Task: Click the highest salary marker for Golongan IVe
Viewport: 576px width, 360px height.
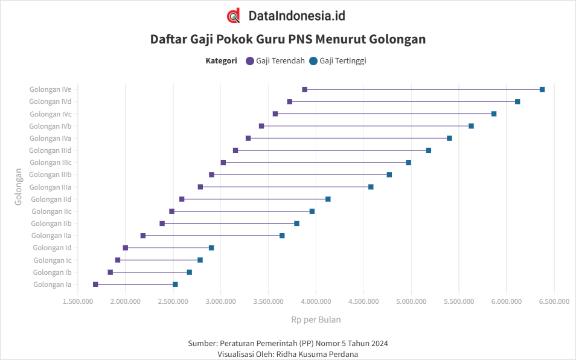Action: click(x=542, y=89)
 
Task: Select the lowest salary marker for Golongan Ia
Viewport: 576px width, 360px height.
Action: click(x=95, y=284)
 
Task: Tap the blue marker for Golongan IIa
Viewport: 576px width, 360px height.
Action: click(x=282, y=236)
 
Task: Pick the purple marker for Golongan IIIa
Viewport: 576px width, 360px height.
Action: click(x=200, y=187)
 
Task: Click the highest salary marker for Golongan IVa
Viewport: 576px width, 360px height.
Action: click(x=449, y=138)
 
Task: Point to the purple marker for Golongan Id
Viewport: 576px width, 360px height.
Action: click(x=126, y=248)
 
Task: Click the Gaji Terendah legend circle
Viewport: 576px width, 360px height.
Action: click(x=250, y=61)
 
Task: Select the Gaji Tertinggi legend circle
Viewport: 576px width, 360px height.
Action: click(x=313, y=61)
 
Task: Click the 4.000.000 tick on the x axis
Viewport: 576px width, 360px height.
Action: click(x=316, y=301)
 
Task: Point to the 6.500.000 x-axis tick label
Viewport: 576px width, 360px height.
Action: click(x=554, y=301)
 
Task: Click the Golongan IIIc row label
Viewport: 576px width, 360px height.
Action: click(x=50, y=162)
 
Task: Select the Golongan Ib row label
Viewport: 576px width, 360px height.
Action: click(x=53, y=272)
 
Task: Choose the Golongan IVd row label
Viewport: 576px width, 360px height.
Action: click(x=50, y=101)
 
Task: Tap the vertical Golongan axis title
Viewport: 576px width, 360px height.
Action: click(x=19, y=187)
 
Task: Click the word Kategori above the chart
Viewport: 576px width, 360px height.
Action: click(x=221, y=61)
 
